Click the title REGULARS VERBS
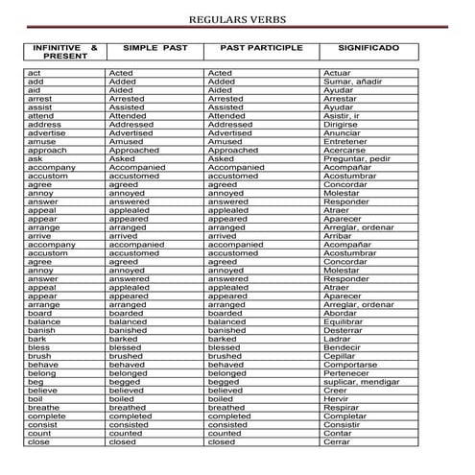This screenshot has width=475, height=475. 237,19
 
